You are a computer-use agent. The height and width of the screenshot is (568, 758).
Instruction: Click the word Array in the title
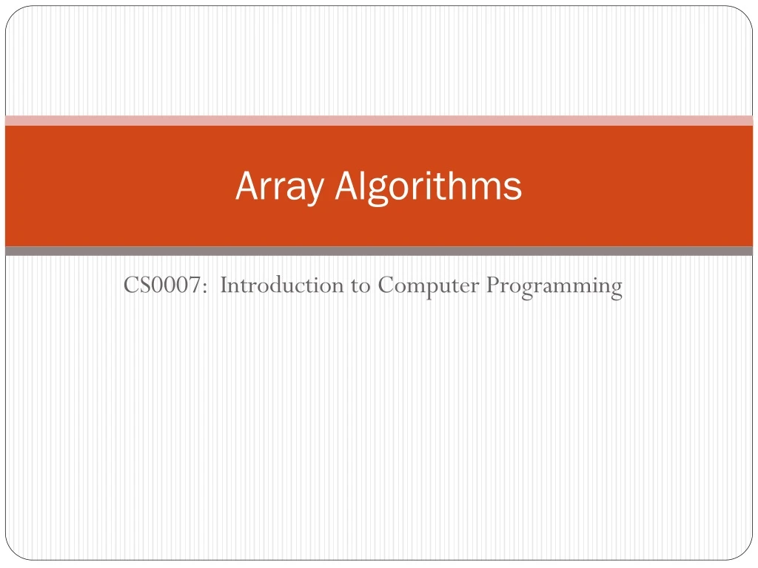[x=279, y=187]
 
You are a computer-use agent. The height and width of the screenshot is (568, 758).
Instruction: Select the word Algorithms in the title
[x=428, y=187]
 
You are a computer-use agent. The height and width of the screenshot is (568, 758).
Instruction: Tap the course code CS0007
[x=164, y=285]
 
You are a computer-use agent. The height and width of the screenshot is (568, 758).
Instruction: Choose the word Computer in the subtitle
[x=428, y=285]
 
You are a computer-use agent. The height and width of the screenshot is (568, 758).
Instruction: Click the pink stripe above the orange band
[x=379, y=121]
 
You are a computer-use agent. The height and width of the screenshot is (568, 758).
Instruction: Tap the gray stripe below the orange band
[x=379, y=251]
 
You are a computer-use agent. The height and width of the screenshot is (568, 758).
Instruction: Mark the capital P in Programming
[x=492, y=285]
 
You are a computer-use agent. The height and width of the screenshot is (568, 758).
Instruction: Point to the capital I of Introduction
[x=224, y=285]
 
